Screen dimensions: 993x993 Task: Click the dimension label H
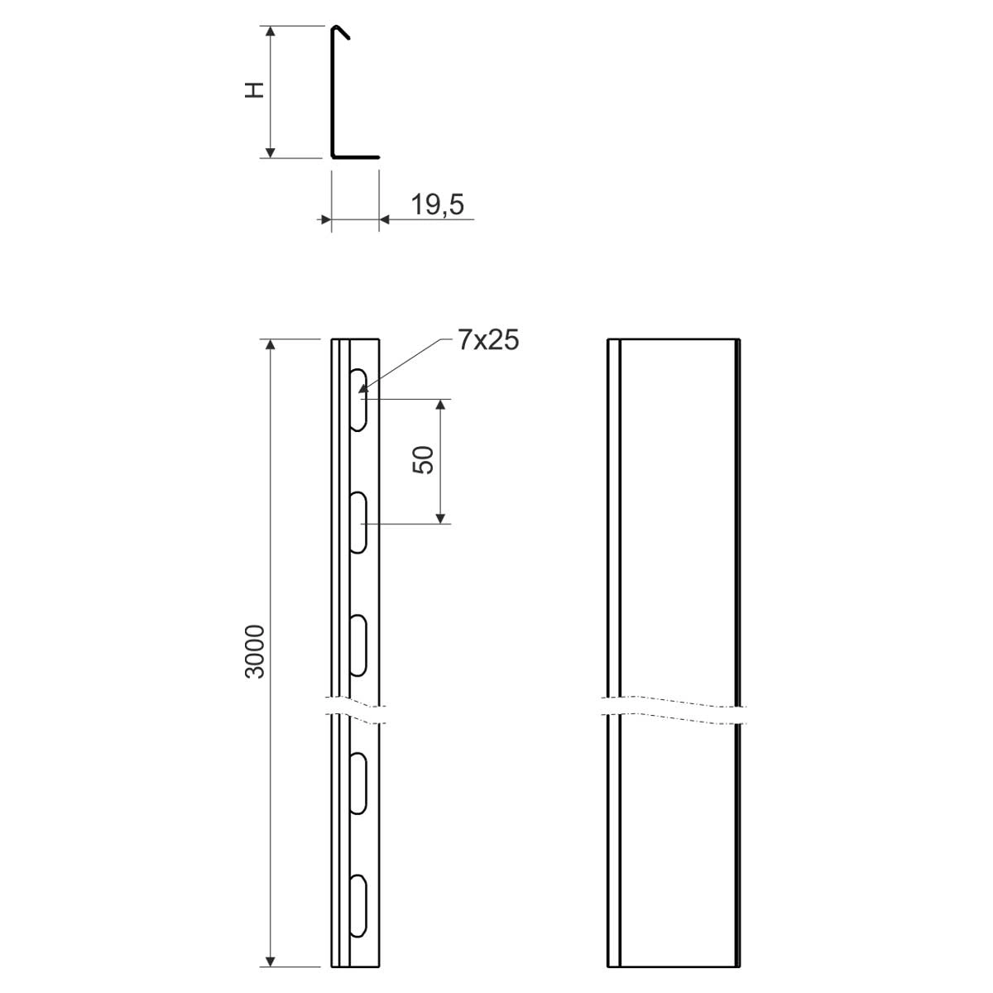pyautogui.click(x=255, y=90)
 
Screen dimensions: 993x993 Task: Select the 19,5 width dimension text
pyautogui.click(x=438, y=204)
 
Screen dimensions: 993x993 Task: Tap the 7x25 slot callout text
pyautogui.click(x=488, y=340)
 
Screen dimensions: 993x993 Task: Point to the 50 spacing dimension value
pyautogui.click(x=423, y=459)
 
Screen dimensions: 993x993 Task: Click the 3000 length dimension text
pyautogui.click(x=255, y=651)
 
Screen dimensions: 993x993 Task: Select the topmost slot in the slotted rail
pyautogui.click(x=357, y=400)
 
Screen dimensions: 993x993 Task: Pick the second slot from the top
pyautogui.click(x=357, y=522)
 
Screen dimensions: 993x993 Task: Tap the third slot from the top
pyautogui.click(x=357, y=645)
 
